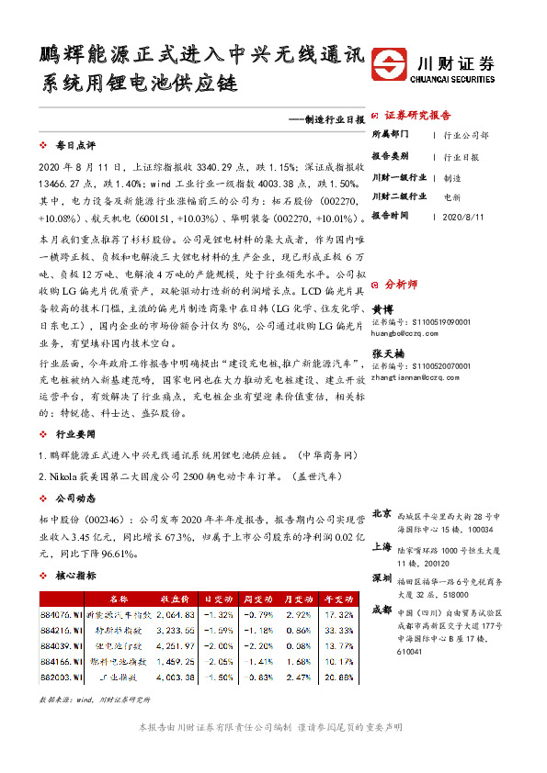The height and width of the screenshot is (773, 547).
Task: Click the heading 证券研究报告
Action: pyautogui.click(x=417, y=116)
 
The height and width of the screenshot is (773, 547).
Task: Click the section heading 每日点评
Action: pyautogui.click(x=75, y=146)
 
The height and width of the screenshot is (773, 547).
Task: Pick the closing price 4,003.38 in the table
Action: pyautogui.click(x=176, y=678)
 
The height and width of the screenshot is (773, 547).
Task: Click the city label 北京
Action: pyautogui.click(x=382, y=513)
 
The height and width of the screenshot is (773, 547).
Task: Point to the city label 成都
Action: pyautogui.click(x=382, y=610)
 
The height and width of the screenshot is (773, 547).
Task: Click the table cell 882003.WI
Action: pyautogui.click(x=62, y=678)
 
